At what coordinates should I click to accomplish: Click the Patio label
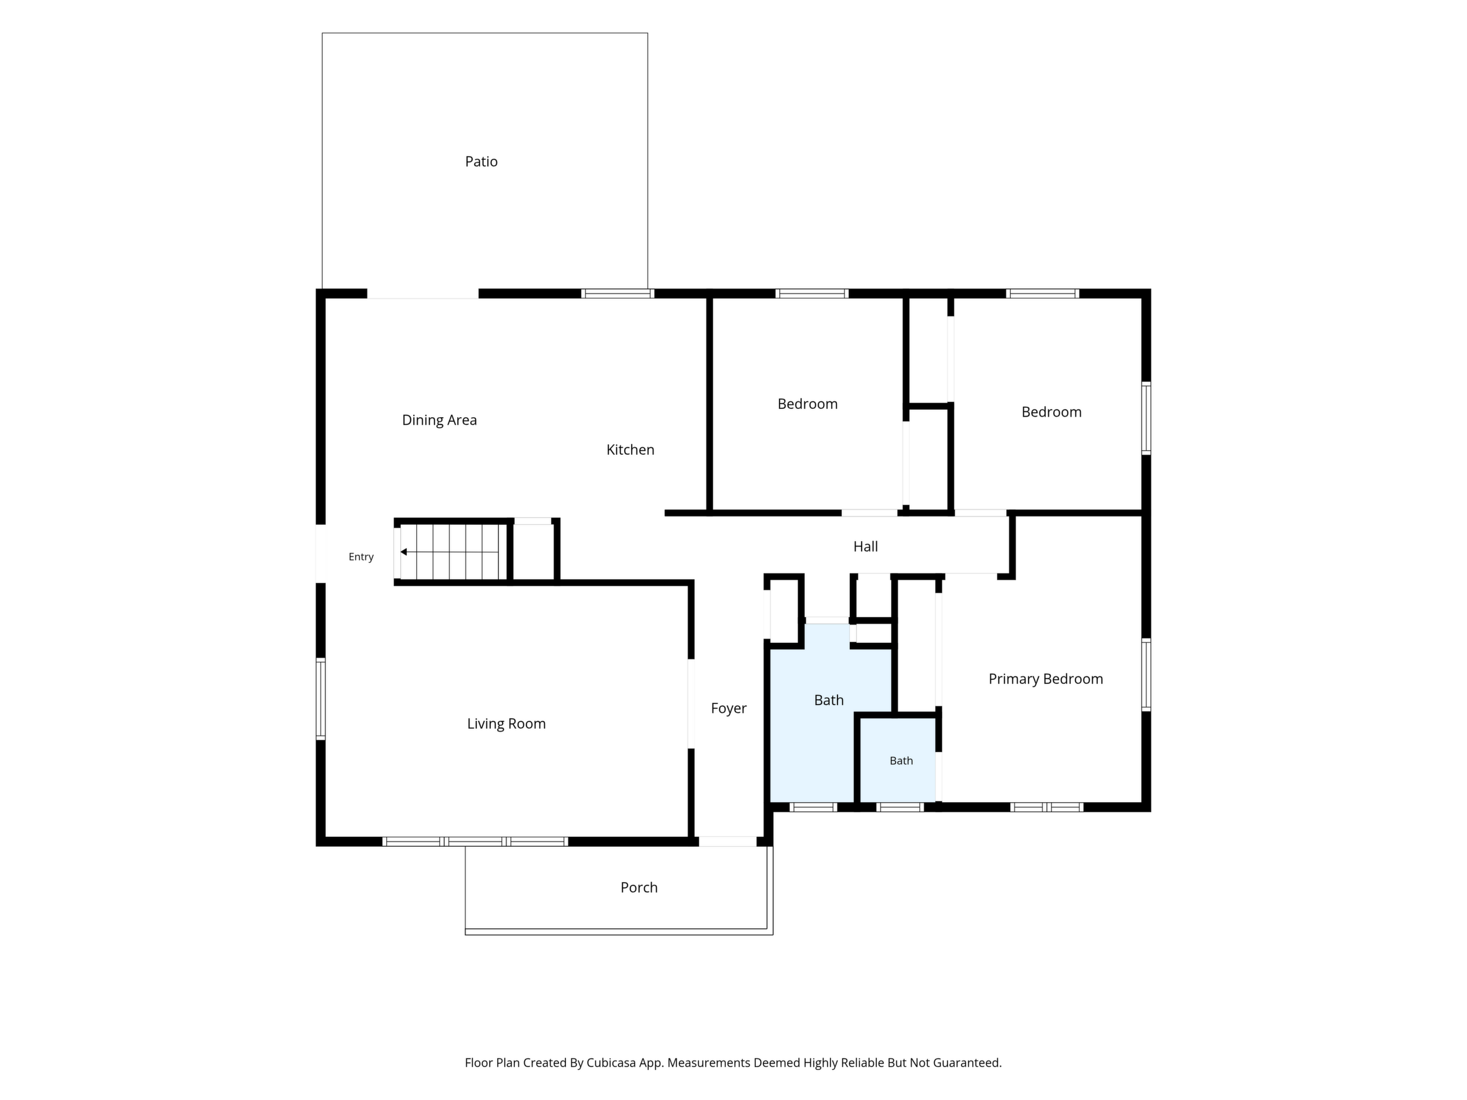point(481,161)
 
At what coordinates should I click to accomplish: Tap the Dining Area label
point(439,420)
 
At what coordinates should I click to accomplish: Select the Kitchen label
point(630,450)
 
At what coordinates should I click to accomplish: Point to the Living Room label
point(506,723)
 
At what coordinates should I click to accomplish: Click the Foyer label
point(728,708)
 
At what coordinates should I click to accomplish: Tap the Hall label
point(866,546)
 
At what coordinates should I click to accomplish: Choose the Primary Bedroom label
point(1045,678)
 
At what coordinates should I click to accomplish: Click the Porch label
point(639,887)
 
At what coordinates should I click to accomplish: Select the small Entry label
point(361,557)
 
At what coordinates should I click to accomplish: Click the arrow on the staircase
point(449,552)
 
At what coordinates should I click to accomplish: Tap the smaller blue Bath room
point(898,760)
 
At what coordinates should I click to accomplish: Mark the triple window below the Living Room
point(475,841)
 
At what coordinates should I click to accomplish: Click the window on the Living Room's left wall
point(320,699)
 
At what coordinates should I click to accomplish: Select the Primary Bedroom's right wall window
point(1146,675)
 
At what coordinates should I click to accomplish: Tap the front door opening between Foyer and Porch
point(728,841)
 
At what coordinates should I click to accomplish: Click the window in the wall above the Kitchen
point(618,294)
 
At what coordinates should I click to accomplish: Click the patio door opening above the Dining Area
point(423,294)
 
